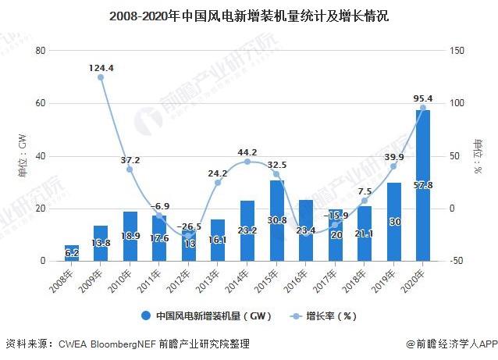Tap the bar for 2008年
[72, 252]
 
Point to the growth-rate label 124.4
[101, 68]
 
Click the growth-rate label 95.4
[423, 98]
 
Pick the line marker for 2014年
[247, 162]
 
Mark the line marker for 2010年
[130, 169]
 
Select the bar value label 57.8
[423, 185]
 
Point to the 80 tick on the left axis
[41, 51]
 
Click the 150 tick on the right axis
[458, 51]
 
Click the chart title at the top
[249, 15]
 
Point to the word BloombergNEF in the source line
[117, 344]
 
